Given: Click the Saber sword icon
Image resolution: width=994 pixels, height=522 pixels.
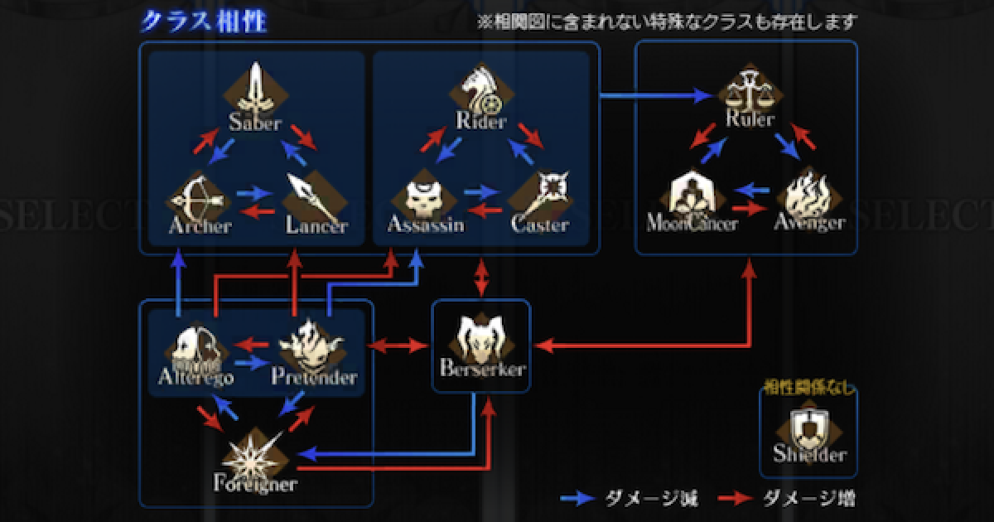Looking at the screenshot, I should click(x=256, y=89).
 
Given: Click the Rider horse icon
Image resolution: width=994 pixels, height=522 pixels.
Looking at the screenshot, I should click(x=480, y=89).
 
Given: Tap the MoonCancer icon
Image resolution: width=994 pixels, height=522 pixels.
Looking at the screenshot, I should click(x=692, y=196).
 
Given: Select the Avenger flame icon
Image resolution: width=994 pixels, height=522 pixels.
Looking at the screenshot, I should click(x=807, y=196).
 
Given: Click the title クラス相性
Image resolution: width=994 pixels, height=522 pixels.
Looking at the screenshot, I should click(x=202, y=21).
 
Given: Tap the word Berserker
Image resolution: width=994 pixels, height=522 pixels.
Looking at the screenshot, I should click(x=480, y=370).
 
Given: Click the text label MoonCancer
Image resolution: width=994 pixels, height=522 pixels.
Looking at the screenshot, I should click(x=692, y=224).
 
